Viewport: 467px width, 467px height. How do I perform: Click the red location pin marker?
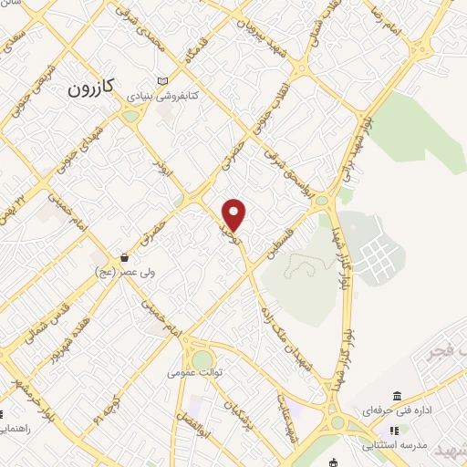234,215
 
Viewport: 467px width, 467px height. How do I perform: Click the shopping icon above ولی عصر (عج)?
124,258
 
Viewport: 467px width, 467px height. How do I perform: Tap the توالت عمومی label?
192,372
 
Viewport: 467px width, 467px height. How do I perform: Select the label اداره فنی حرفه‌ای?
398,410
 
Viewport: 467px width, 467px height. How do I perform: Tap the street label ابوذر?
163,171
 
